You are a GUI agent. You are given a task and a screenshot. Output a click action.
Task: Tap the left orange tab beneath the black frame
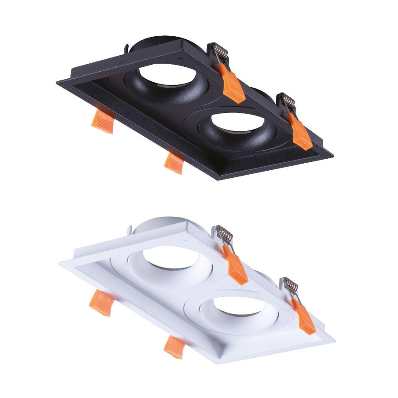tap(103, 121)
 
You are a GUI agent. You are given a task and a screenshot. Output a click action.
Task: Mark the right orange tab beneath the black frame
tap(173, 163)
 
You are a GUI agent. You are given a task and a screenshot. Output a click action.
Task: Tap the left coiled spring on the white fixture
tap(224, 235)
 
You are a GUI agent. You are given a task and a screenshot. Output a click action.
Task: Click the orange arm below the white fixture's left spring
tap(237, 267)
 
